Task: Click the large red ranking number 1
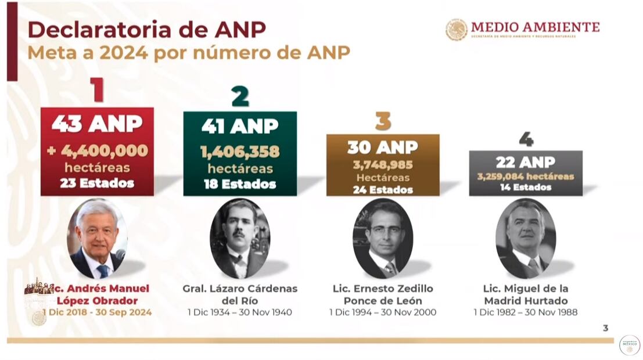coord(97,91)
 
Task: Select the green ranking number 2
coord(240,96)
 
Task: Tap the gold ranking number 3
coord(383,121)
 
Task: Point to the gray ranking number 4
coord(526,139)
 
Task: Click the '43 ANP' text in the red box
coord(97,123)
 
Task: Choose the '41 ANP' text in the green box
coord(240,126)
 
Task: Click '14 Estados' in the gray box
coord(525,187)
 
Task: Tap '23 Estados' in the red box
coord(97,183)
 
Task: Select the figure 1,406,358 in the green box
coord(240,152)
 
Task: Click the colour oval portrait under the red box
coord(97,238)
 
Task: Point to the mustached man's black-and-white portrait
coord(240,238)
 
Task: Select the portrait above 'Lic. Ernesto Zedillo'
coord(383,238)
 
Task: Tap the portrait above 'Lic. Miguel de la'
coord(526,238)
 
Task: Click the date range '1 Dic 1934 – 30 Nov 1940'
coord(240,312)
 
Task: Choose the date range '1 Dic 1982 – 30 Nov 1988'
coord(526,312)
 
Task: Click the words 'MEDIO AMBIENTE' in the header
coord(535,27)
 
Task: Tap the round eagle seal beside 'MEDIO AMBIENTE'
coord(457,30)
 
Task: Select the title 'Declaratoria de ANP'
coord(146,29)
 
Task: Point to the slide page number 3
coord(605,328)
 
